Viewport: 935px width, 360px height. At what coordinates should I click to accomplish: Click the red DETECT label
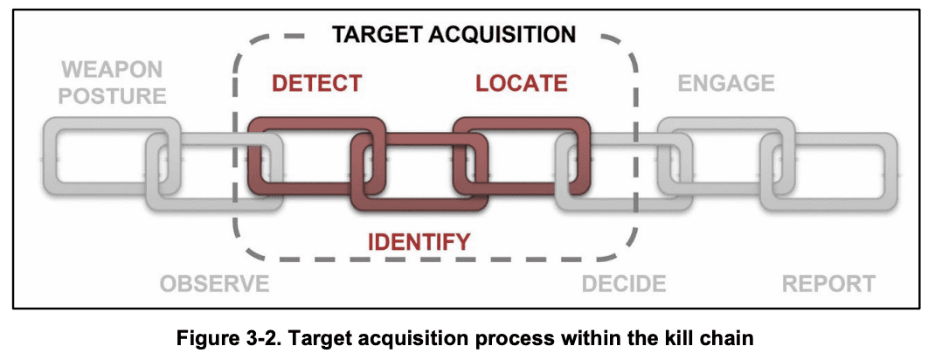coord(315,84)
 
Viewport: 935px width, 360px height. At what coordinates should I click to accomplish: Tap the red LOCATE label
coord(522,84)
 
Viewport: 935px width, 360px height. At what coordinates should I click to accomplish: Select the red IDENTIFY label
coord(419,241)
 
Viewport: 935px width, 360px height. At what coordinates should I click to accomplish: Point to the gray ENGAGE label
coord(726,84)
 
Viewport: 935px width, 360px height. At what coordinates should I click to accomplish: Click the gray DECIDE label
coord(624,284)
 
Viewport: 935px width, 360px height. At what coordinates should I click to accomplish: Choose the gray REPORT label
coord(828,284)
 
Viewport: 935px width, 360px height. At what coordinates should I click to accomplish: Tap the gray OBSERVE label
coord(214,284)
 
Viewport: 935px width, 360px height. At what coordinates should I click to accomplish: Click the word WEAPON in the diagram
coord(113,69)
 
